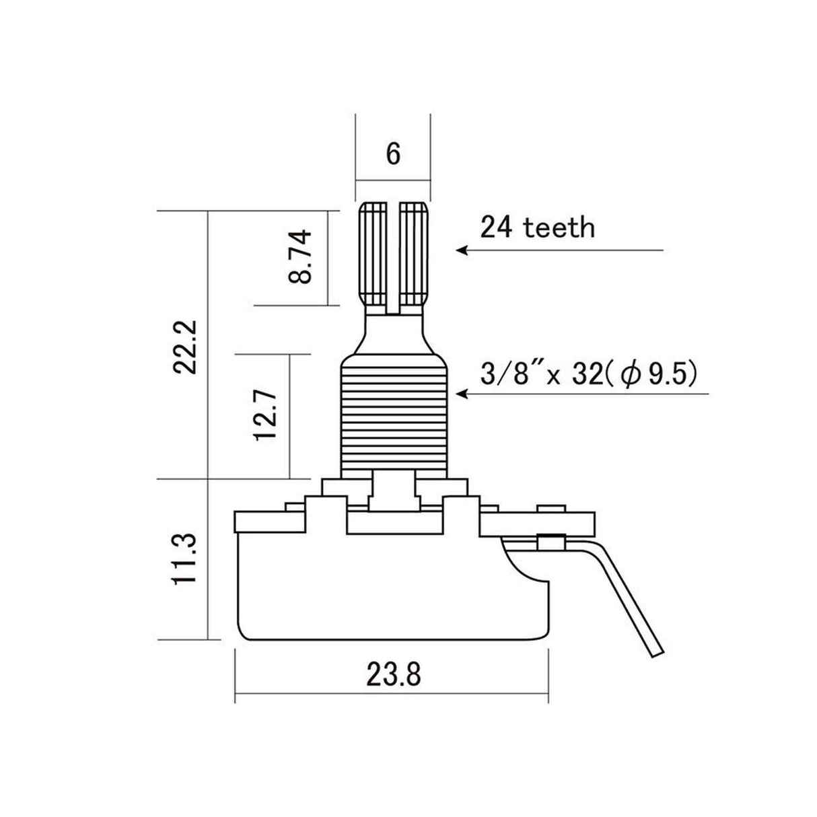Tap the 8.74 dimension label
299,257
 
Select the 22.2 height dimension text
185,347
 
